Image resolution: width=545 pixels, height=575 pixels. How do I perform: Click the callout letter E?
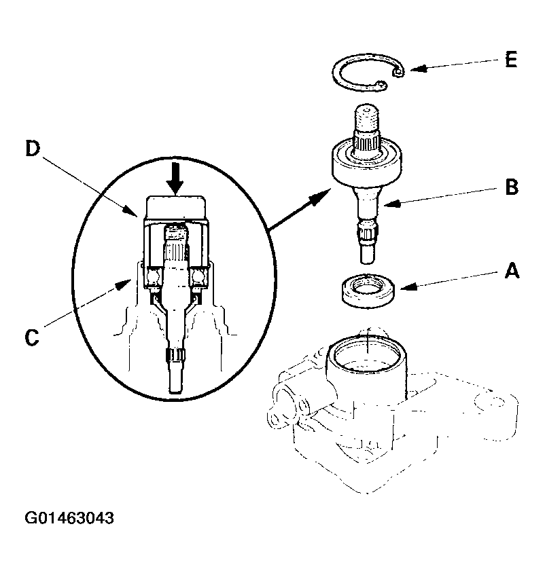[x=510, y=60]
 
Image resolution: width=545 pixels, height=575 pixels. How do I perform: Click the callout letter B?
[x=511, y=186]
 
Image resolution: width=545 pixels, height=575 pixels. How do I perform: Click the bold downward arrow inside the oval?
[x=176, y=178]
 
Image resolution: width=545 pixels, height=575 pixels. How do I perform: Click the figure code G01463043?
[x=69, y=518]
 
